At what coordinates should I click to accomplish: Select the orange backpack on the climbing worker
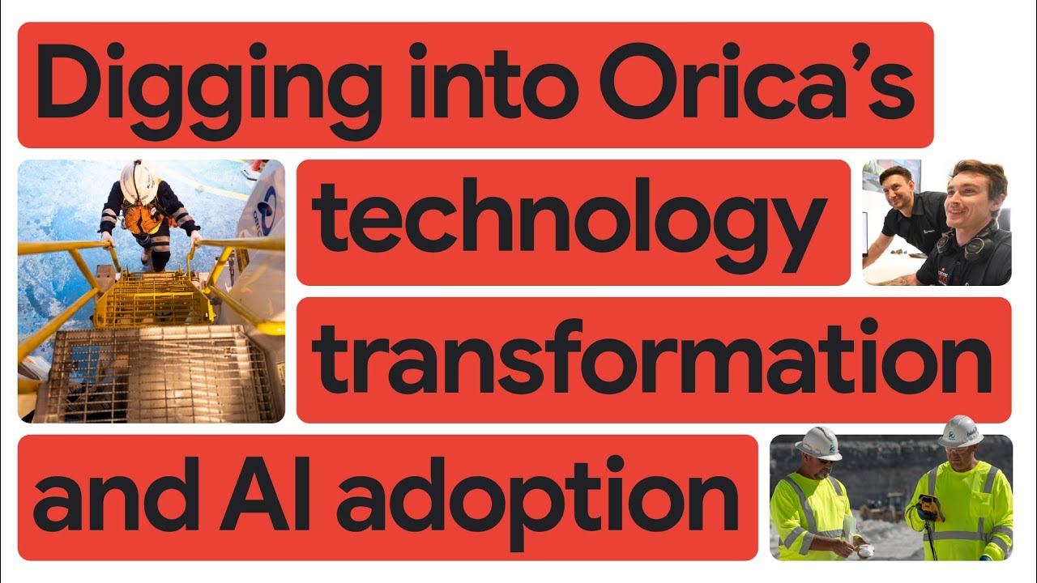tap(143, 217)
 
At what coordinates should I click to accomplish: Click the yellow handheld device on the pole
tap(929, 506)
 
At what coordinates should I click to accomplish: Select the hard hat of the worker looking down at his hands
tap(818, 442)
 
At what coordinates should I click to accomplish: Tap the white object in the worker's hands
tap(865, 551)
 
